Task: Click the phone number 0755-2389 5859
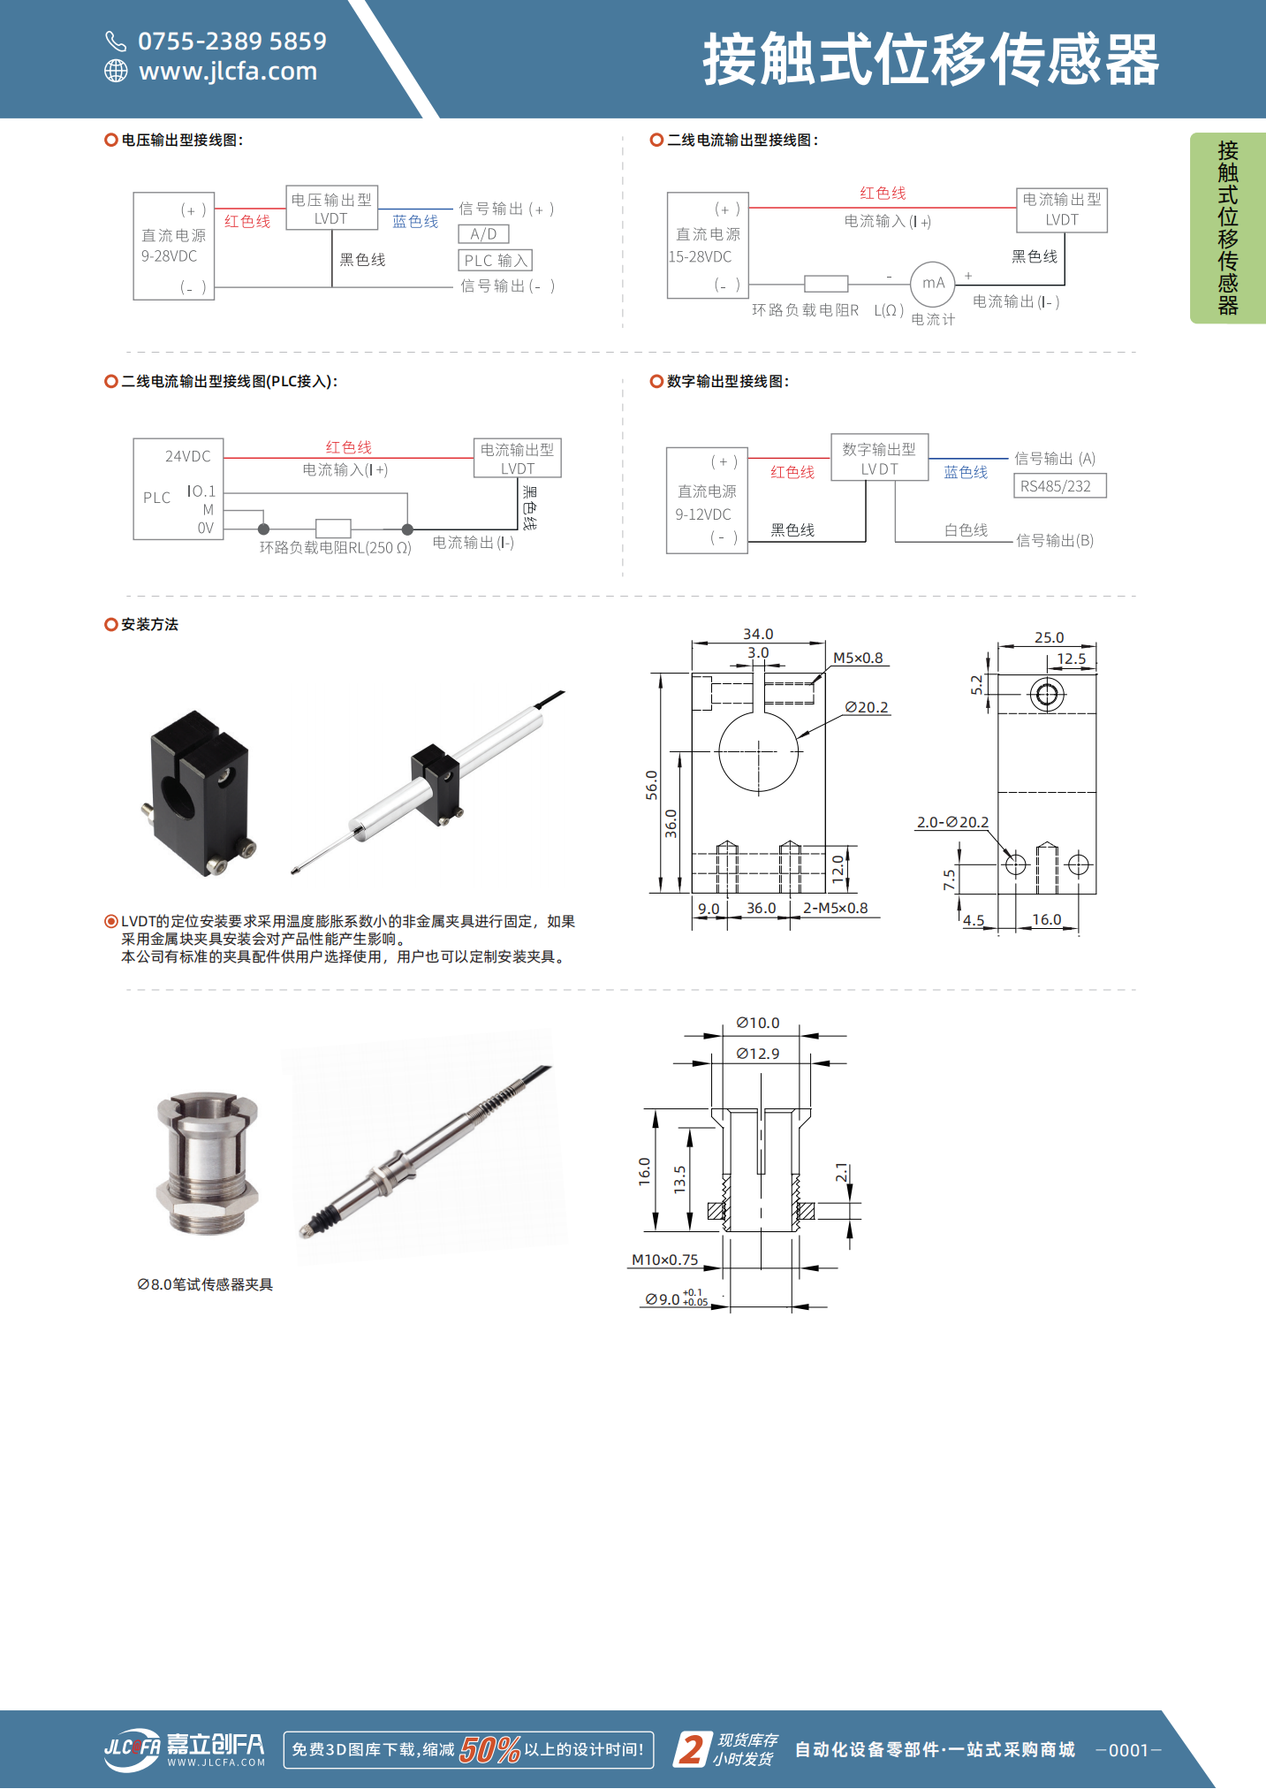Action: point(231,42)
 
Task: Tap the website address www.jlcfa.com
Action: point(227,72)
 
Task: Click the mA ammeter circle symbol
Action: point(933,284)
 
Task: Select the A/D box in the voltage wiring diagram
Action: point(483,234)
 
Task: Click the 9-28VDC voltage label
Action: point(169,256)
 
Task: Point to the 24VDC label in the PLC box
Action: point(187,457)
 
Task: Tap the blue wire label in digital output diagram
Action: point(966,473)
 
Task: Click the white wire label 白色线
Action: point(966,530)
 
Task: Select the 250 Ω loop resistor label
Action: point(336,548)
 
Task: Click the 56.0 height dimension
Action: point(651,784)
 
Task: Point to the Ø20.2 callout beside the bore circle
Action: point(866,707)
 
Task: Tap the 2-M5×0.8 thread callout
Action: point(835,908)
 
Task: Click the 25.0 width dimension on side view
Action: point(1049,637)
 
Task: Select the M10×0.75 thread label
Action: point(664,1260)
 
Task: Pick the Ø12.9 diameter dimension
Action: point(758,1054)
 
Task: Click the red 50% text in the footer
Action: point(489,1749)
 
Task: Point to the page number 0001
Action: point(1128,1750)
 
